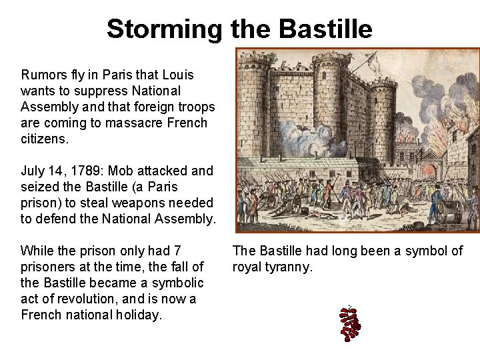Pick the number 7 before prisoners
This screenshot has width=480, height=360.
pos(177,251)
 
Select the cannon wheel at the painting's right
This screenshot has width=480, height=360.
pos(443,212)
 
